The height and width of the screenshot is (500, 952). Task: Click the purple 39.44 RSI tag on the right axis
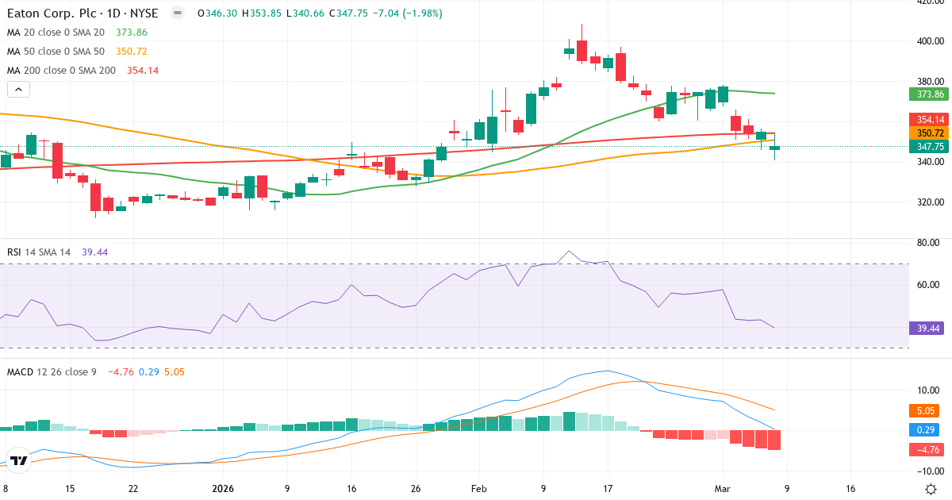[927, 328]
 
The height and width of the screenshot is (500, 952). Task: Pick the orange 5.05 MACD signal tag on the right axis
[925, 411]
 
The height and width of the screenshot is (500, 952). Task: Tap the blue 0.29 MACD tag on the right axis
[925, 430]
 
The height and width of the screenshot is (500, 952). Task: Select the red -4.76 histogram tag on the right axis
[925, 450]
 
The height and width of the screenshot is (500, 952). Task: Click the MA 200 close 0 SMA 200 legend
[61, 71]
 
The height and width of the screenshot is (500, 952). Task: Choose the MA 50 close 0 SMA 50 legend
[56, 52]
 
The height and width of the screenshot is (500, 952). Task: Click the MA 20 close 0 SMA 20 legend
[56, 33]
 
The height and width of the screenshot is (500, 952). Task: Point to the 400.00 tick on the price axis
[929, 41]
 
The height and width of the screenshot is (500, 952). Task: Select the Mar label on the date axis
[722, 489]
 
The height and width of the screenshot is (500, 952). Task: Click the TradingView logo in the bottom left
[19, 460]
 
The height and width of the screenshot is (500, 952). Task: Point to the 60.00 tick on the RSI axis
[929, 284]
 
